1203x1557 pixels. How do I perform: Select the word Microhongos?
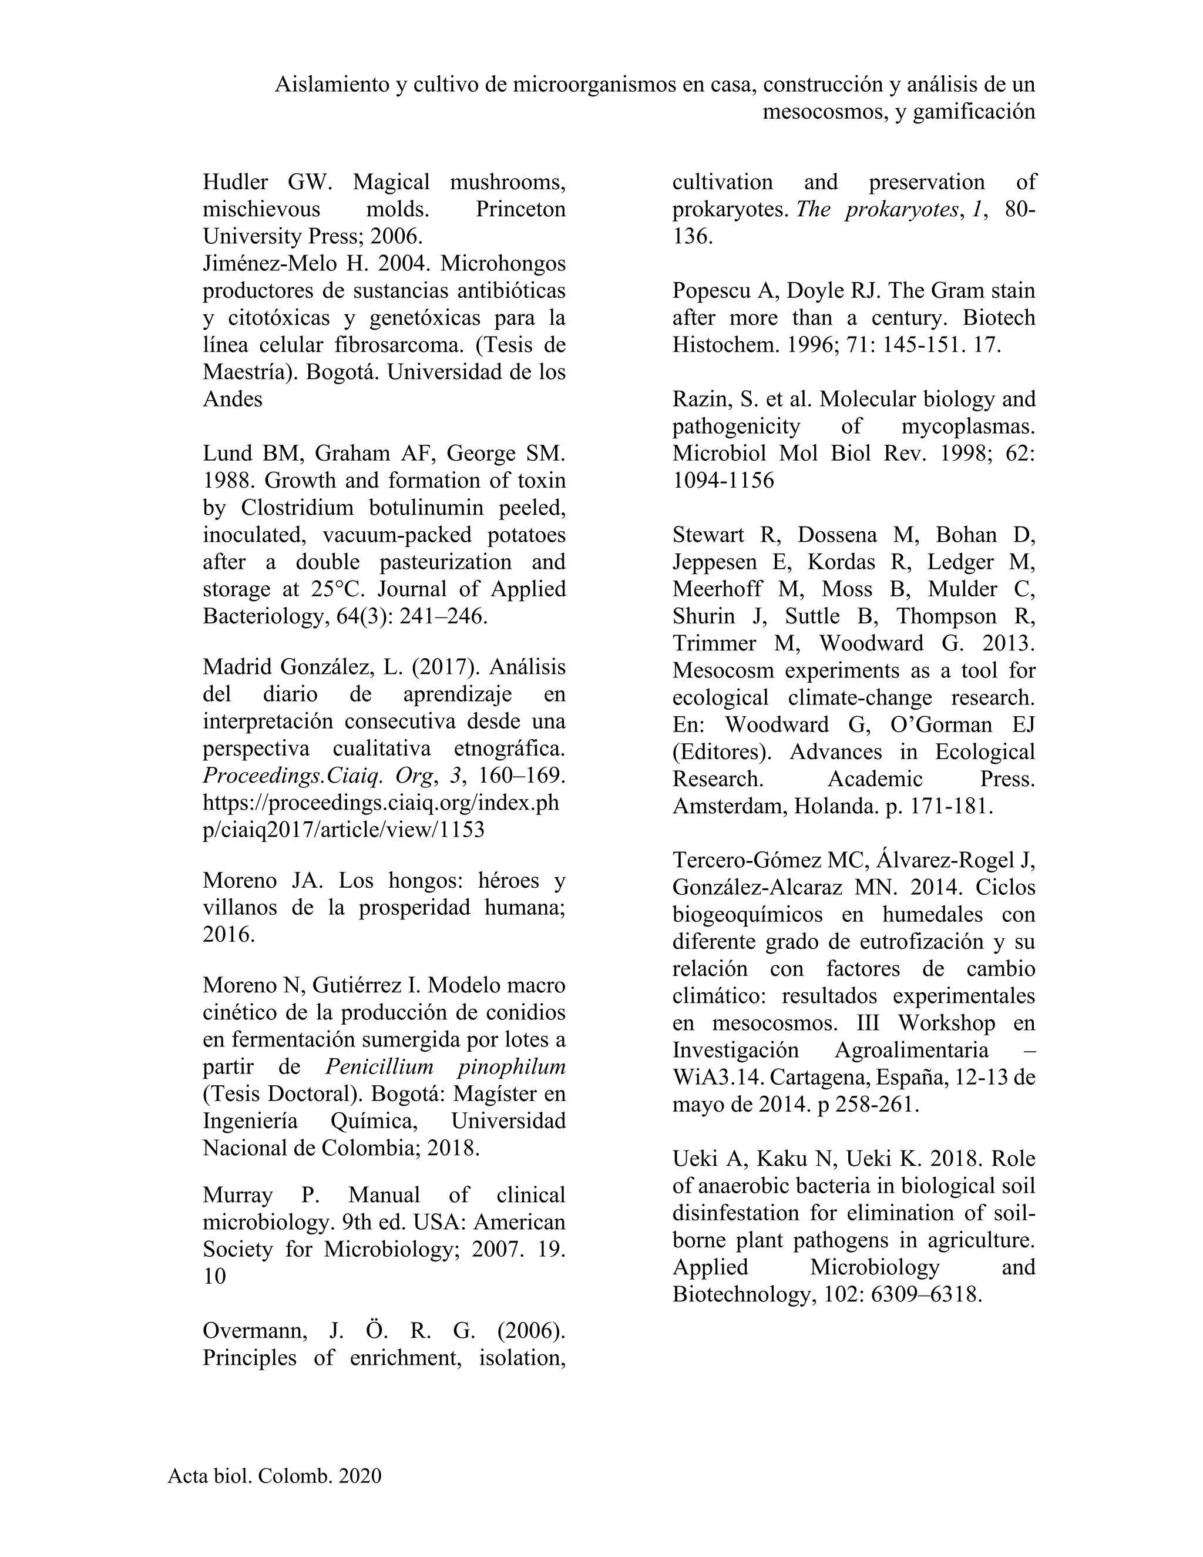click(503, 264)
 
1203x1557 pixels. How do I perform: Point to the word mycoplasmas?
click(969, 427)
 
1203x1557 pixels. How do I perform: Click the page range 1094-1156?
click(723, 481)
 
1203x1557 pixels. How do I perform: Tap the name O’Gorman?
click(941, 724)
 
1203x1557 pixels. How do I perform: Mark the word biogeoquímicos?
click(755, 915)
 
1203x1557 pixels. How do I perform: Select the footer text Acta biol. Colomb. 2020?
click(274, 1476)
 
